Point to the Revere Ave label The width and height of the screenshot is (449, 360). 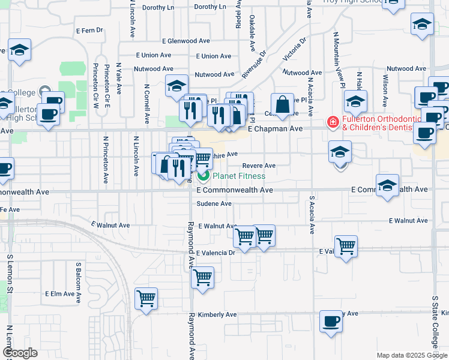click(x=259, y=166)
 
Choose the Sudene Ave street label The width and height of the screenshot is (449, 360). click(x=214, y=204)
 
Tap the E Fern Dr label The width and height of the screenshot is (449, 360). click(x=89, y=30)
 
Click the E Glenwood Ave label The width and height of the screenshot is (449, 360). click(x=163, y=41)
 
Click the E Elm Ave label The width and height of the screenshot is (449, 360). click(x=63, y=294)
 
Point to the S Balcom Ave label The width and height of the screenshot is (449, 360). click(x=79, y=280)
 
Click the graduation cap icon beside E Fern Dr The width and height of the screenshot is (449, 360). click(x=19, y=50)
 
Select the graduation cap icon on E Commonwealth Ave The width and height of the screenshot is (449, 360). click(x=387, y=185)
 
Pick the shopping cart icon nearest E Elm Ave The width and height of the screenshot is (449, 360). click(x=146, y=298)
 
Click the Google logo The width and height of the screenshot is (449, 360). click(x=20, y=353)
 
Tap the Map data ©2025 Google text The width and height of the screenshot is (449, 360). click(x=403, y=355)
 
